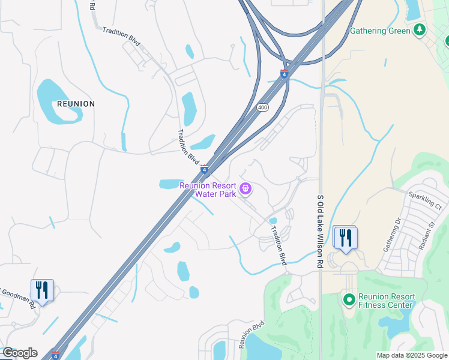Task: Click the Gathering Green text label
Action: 381,31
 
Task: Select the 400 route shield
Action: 262,107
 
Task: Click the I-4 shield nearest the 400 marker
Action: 284,74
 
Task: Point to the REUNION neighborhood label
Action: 76,104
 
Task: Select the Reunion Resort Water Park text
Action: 208,190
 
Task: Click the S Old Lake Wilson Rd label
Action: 320,231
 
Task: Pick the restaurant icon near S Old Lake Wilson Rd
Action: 345,238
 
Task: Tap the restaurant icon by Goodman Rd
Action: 42,290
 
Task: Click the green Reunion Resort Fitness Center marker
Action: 348,298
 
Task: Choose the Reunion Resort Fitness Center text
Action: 387,301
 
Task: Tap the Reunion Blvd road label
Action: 252,335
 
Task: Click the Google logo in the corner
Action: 19,353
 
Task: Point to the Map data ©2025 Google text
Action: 411,355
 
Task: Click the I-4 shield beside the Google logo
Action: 56,355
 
